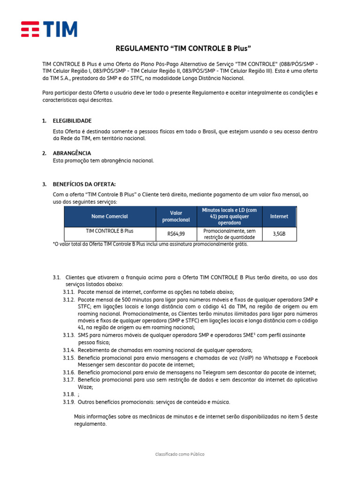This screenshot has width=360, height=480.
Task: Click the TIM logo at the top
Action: pos(49,29)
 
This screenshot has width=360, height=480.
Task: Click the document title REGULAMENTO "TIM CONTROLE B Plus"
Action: pos(180,49)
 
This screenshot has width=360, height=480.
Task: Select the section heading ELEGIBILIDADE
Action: pos(72,121)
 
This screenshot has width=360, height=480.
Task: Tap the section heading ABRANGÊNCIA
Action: pos(72,153)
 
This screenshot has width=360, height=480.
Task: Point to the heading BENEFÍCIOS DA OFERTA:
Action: pos(84,184)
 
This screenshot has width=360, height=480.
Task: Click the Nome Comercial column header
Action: pos(110,217)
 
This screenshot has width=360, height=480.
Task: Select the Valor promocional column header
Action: pos(176,217)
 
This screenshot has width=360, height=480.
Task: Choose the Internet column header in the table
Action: pos(279,217)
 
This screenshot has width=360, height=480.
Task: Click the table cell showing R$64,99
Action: pos(176,234)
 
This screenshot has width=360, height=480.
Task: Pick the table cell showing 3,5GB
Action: pos(279,234)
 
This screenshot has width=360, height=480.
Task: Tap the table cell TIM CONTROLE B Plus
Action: pos(110,231)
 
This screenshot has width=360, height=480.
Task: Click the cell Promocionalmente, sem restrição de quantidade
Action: pos(229,234)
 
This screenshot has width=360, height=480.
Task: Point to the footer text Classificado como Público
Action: pos(180,454)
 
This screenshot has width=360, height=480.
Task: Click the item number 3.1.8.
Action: pos(69,395)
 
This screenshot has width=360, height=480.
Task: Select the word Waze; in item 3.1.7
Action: pos(85,387)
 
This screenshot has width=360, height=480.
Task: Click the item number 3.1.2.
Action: pos(69,299)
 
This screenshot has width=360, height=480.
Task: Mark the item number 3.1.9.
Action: pos(69,402)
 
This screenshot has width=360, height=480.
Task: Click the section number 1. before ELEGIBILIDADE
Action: pos(44,121)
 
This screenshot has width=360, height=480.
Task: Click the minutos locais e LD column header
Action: pos(229,217)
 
